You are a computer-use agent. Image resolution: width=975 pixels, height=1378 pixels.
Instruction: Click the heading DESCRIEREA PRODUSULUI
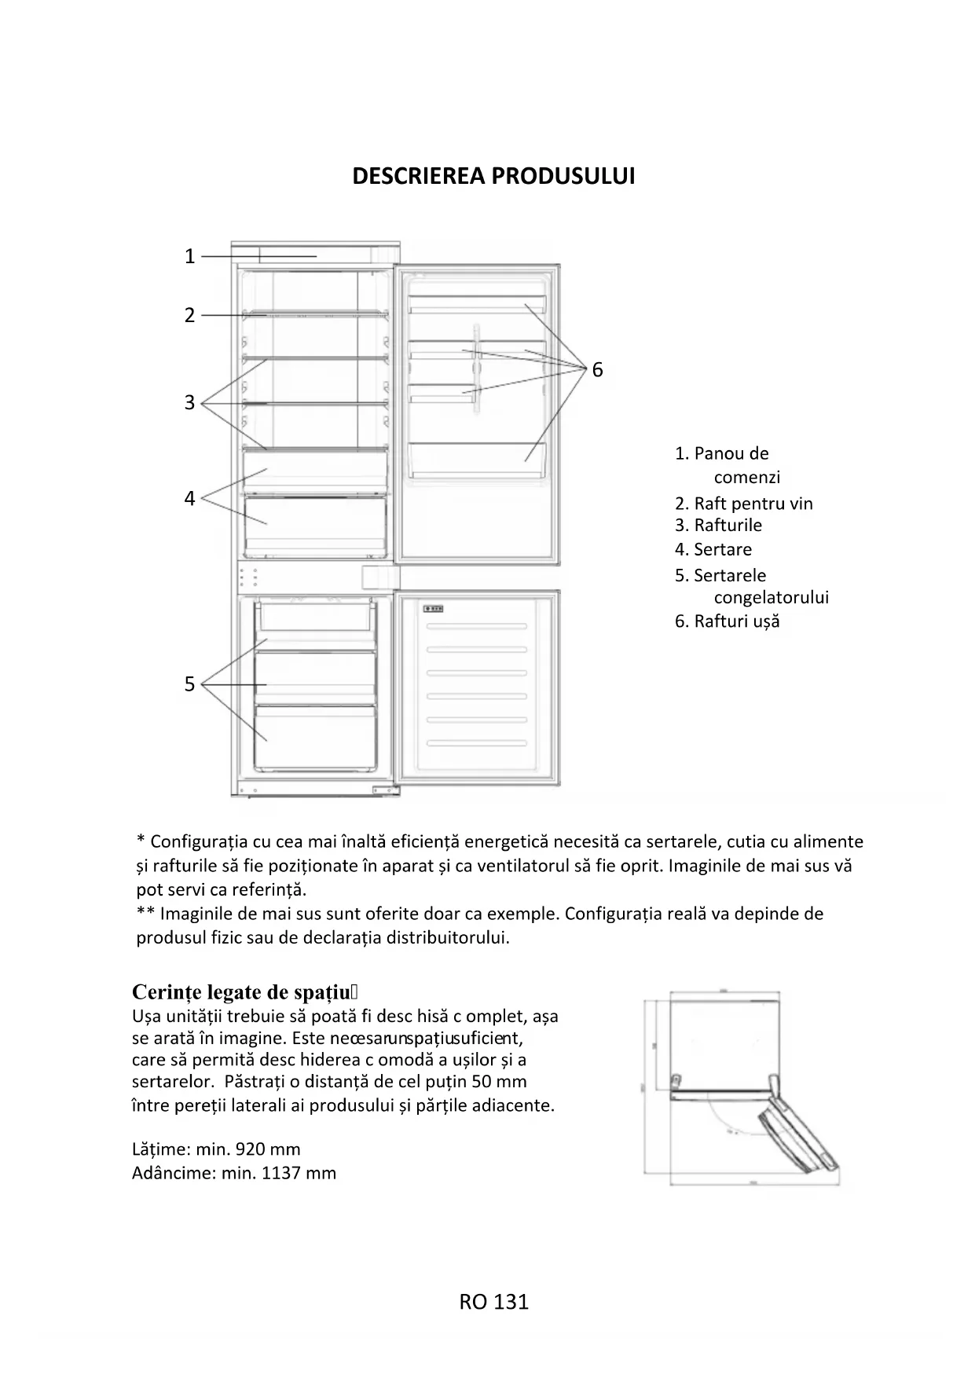[493, 176]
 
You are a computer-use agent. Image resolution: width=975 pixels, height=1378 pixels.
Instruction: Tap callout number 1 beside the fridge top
[189, 256]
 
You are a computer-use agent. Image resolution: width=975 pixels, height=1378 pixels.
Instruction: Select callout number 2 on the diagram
[189, 315]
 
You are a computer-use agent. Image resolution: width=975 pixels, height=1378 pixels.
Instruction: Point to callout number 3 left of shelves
[189, 402]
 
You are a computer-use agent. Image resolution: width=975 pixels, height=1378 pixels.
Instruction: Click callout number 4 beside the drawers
[189, 498]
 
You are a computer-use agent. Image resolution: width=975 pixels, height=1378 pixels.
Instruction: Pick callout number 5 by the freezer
[189, 684]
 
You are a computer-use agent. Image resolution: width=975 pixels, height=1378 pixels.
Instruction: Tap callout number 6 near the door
[597, 369]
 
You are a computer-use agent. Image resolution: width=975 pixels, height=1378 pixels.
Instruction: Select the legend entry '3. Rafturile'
[718, 525]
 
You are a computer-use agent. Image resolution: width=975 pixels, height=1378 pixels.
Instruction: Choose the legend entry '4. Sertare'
[713, 549]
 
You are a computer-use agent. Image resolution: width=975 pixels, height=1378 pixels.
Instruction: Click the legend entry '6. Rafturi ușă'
[727, 621]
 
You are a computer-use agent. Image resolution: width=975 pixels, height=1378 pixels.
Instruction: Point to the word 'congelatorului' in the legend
[771, 597]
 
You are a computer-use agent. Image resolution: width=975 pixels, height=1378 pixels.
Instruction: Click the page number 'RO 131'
[493, 1302]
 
